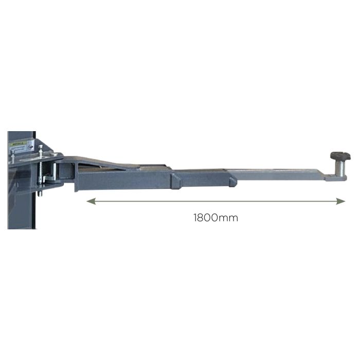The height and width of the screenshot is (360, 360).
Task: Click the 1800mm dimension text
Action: [215, 217]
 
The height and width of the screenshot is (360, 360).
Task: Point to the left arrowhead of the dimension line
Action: [90, 202]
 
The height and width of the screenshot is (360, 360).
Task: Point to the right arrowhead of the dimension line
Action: [340, 202]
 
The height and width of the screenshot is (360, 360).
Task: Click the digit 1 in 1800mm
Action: [195, 217]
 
